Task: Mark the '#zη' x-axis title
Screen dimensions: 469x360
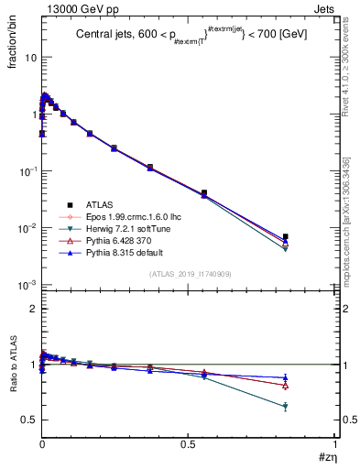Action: click(327, 457)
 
